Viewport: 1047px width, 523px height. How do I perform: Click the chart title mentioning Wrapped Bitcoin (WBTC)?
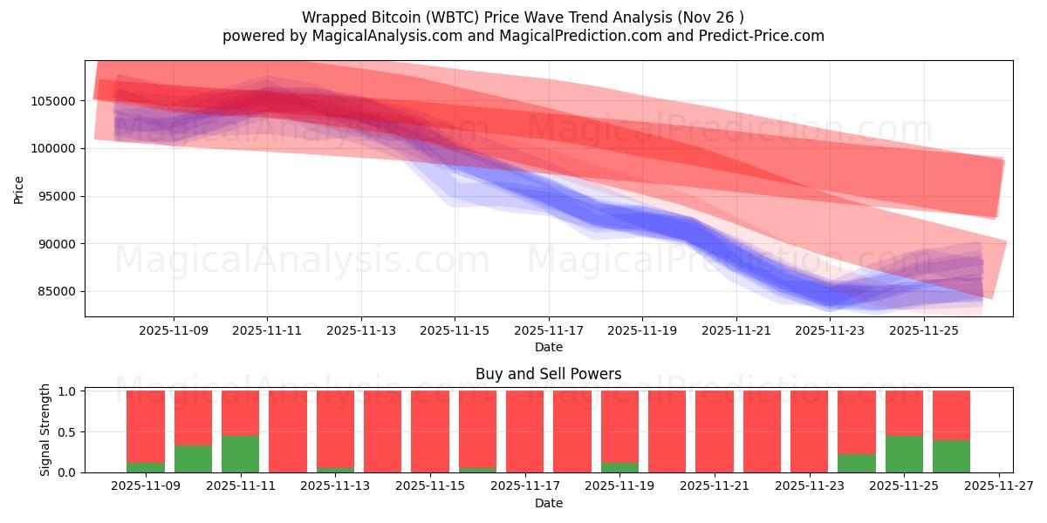pyautogui.click(x=523, y=17)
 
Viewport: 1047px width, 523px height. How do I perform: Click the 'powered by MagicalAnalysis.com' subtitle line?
pyautogui.click(x=523, y=36)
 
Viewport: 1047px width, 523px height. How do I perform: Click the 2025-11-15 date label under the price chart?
pyautogui.click(x=455, y=330)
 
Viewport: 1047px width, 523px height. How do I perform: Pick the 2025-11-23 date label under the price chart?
pyautogui.click(x=830, y=330)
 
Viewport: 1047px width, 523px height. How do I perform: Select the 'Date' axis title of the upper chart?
pyautogui.click(x=549, y=347)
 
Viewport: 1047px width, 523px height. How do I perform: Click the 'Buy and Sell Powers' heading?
pyautogui.click(x=549, y=374)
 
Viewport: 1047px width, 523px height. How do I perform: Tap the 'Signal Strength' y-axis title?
pyautogui.click(x=44, y=431)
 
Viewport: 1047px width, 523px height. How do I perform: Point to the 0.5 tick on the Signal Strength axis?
pyautogui.click(x=68, y=432)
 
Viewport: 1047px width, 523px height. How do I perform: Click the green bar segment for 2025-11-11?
pyautogui.click(x=240, y=454)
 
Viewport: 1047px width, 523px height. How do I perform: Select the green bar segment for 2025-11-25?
pyautogui.click(x=904, y=454)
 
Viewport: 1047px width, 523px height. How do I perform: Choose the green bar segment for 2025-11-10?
pyautogui.click(x=193, y=459)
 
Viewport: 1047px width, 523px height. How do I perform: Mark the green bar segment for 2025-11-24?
pyautogui.click(x=857, y=464)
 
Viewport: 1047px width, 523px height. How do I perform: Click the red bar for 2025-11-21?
pyautogui.click(x=715, y=431)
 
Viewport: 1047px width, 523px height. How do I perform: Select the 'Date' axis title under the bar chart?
pyautogui.click(x=549, y=503)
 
